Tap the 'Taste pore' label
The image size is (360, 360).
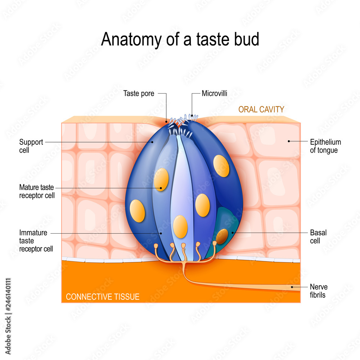click(x=139, y=94)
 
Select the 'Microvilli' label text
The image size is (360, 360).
click(x=215, y=94)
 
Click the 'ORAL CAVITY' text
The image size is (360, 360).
click(x=261, y=109)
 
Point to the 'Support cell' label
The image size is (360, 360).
click(x=31, y=146)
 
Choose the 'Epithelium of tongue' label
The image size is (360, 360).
click(x=325, y=146)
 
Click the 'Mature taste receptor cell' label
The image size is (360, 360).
click(x=37, y=192)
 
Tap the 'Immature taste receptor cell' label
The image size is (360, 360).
click(x=36, y=240)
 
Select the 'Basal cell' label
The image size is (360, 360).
click(x=318, y=237)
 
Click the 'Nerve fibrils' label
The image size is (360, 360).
click(x=319, y=291)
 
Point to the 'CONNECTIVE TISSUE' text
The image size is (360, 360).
click(x=103, y=297)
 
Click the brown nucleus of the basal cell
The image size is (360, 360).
click(x=222, y=235)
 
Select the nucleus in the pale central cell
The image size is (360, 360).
click(x=180, y=227)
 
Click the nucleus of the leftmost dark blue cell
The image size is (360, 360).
click(x=138, y=211)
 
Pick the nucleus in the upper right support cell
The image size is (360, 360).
click(x=221, y=166)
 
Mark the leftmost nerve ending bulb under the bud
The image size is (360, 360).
click(x=156, y=246)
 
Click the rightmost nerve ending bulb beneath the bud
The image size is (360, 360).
click(x=215, y=243)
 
